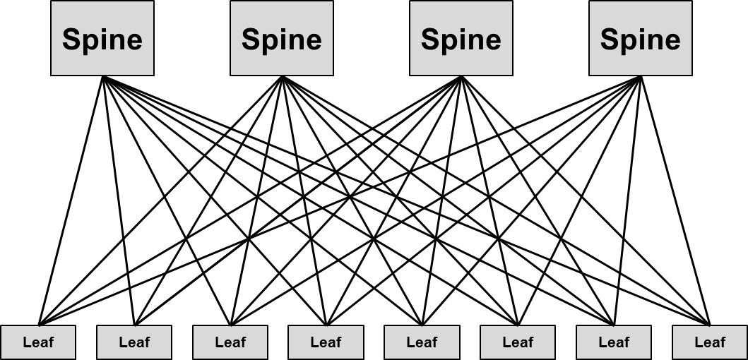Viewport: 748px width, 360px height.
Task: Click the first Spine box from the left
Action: tap(102, 38)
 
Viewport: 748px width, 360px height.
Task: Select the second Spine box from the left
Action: tap(282, 38)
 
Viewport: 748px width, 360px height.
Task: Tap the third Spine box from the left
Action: tap(461, 38)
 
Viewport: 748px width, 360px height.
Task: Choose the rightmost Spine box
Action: tap(641, 38)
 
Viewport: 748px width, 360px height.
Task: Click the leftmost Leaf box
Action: tap(38, 342)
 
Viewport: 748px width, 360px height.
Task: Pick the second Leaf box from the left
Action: tap(134, 342)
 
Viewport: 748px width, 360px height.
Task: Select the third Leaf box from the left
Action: tap(230, 342)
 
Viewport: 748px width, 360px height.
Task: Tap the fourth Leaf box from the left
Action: tap(326, 342)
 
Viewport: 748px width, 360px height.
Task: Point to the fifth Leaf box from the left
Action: tap(422, 342)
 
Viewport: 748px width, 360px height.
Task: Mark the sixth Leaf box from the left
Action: tap(518, 342)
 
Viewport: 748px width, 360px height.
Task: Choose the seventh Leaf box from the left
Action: tap(614, 342)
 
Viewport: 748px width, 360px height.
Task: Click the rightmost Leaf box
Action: tap(710, 342)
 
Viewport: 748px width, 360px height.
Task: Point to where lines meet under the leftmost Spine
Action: tap(103, 77)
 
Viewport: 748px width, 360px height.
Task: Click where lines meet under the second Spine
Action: tap(282, 77)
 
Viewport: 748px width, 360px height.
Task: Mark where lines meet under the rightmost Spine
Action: tap(641, 77)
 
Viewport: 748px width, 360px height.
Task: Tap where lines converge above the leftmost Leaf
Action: tap(39, 324)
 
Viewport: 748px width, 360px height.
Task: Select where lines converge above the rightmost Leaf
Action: tap(709, 324)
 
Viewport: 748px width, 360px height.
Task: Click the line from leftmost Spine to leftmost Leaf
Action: tap(71, 200)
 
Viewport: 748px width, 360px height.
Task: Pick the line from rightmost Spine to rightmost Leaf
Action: tap(675, 200)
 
